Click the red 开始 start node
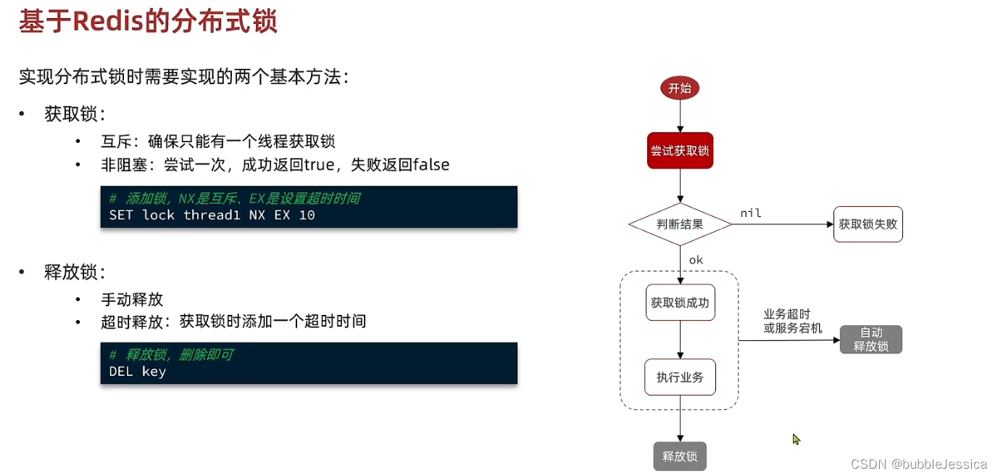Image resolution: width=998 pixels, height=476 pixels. tap(679, 89)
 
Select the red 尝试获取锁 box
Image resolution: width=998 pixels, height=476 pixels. tap(680, 151)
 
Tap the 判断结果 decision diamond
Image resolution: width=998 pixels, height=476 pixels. tap(680, 224)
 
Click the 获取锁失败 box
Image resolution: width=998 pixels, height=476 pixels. tap(868, 224)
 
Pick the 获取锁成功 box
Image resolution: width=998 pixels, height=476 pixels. tap(680, 303)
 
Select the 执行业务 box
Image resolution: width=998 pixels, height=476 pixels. tap(680, 377)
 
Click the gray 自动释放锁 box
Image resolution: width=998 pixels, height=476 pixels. tap(870, 340)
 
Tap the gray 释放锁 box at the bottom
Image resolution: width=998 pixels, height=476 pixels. tap(680, 456)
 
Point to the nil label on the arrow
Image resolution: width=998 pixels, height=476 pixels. tap(750, 213)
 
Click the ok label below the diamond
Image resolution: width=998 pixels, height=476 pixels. tap(696, 260)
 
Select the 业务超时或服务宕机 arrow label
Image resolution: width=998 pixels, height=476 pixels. tap(792, 321)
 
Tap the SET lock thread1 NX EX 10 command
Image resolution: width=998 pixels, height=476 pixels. tap(212, 215)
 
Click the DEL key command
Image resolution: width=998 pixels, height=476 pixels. tap(137, 372)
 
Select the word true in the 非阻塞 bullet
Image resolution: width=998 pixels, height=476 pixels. tap(318, 165)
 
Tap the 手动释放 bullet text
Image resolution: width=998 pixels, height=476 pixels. tap(132, 299)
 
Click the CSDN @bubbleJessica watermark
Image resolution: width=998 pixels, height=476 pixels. tap(918, 464)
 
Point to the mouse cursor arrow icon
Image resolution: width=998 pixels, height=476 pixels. tap(796, 439)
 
